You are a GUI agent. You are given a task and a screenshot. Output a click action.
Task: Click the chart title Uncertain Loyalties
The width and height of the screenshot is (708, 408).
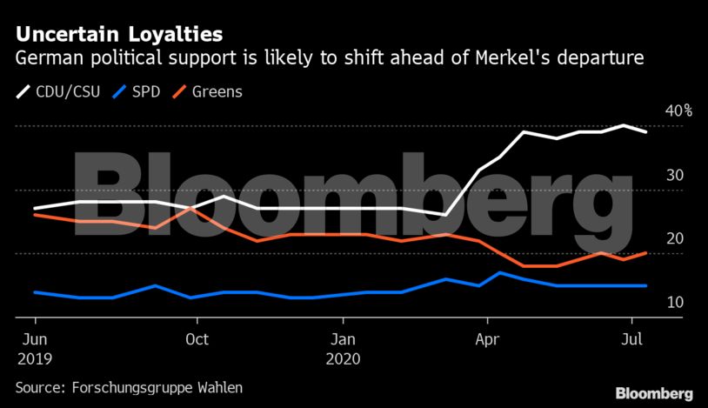click(118, 35)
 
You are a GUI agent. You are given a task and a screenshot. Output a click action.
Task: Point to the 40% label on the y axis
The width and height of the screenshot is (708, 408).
click(678, 111)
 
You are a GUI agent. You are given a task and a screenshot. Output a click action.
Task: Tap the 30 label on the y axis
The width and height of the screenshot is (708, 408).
click(675, 175)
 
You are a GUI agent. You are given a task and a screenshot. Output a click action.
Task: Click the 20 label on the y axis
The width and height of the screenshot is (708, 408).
click(675, 238)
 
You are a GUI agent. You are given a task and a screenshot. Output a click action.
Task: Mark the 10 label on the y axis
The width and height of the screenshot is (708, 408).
click(675, 302)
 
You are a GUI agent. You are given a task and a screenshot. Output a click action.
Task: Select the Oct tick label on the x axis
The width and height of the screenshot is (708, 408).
click(197, 340)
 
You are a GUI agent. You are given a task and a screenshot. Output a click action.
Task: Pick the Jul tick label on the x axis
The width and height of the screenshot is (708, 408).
click(631, 340)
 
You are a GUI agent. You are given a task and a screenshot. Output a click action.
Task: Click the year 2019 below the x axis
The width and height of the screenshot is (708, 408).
click(36, 358)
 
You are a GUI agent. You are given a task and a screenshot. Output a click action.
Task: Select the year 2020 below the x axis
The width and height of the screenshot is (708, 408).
click(346, 358)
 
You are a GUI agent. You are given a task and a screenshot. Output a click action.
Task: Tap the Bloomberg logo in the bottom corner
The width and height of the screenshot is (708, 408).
click(653, 393)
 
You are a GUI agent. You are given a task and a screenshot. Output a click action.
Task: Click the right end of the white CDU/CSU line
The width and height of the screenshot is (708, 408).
click(645, 131)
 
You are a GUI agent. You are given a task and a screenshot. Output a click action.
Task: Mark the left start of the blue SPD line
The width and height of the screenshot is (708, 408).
click(34, 292)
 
